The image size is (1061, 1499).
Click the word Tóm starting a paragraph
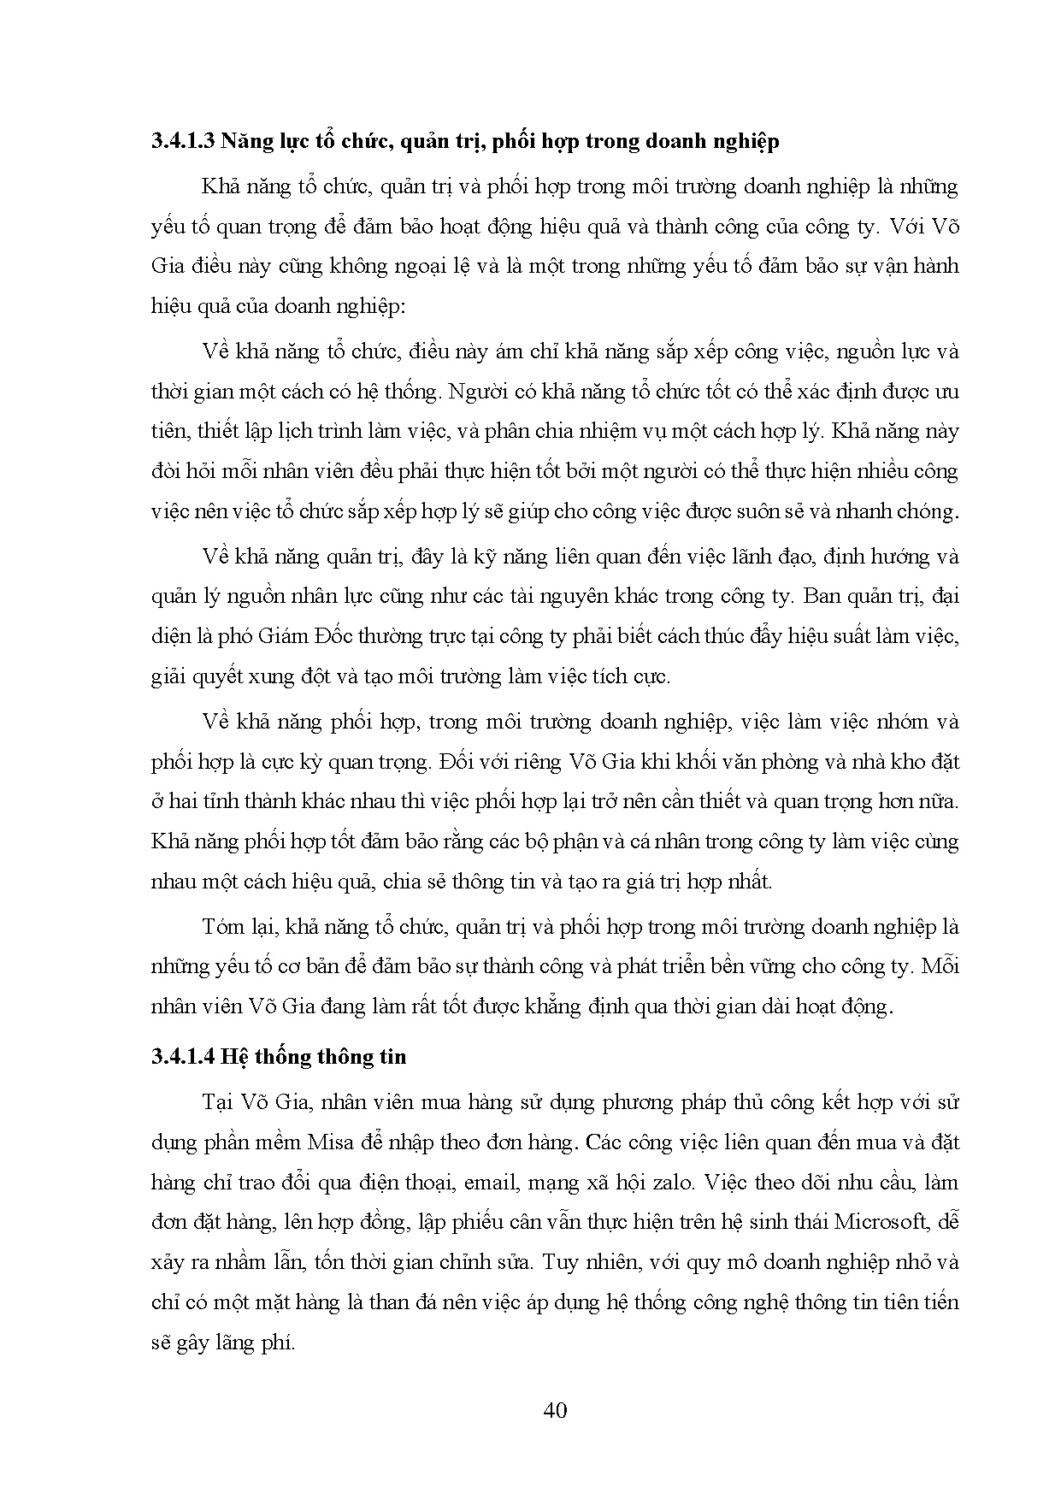[x=224, y=926]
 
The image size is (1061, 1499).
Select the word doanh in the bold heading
[x=657, y=141]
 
